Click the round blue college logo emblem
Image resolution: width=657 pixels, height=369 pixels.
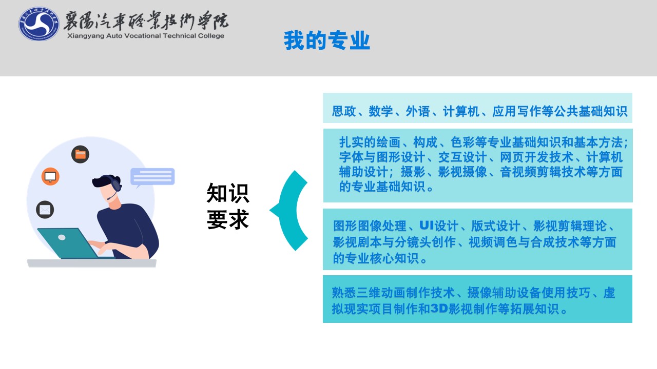click(38, 24)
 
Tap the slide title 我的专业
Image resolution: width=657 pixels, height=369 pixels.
click(327, 40)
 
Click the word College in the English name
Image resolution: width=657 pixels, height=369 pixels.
click(211, 36)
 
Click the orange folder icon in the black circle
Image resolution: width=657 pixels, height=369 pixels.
click(81, 154)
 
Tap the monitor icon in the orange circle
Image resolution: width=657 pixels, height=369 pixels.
click(50, 176)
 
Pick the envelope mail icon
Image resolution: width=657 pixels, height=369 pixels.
click(45, 210)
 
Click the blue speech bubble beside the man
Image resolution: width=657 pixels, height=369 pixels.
click(152, 177)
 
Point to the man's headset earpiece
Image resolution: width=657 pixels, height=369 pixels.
click(116, 185)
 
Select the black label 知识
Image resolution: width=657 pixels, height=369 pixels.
click(228, 193)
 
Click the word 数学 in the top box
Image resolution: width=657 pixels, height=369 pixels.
click(380, 111)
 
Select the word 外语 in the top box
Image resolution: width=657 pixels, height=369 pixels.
click(418, 111)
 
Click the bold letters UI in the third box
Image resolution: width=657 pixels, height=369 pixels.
click(427, 225)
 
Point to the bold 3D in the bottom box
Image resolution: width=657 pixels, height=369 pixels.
click(439, 309)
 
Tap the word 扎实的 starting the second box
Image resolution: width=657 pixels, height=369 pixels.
click(358, 142)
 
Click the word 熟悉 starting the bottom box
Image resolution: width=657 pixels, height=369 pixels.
click(344, 293)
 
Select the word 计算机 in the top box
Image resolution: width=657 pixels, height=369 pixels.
click(461, 111)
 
